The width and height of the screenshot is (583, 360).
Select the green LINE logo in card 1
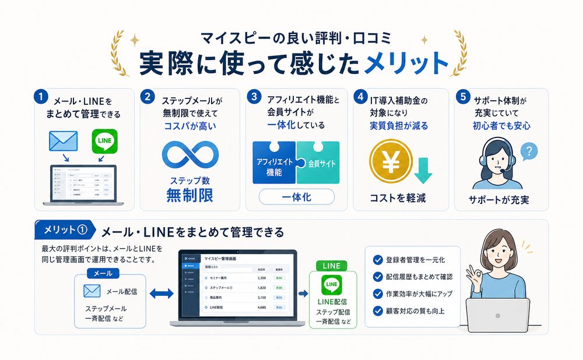(105, 142)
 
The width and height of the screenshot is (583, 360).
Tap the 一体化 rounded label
(297, 197)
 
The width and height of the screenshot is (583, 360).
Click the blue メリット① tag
(65, 230)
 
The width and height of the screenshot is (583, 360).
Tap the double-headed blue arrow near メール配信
(161, 294)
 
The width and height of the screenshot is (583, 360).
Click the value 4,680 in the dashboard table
(262, 306)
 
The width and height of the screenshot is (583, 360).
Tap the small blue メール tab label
(103, 273)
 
